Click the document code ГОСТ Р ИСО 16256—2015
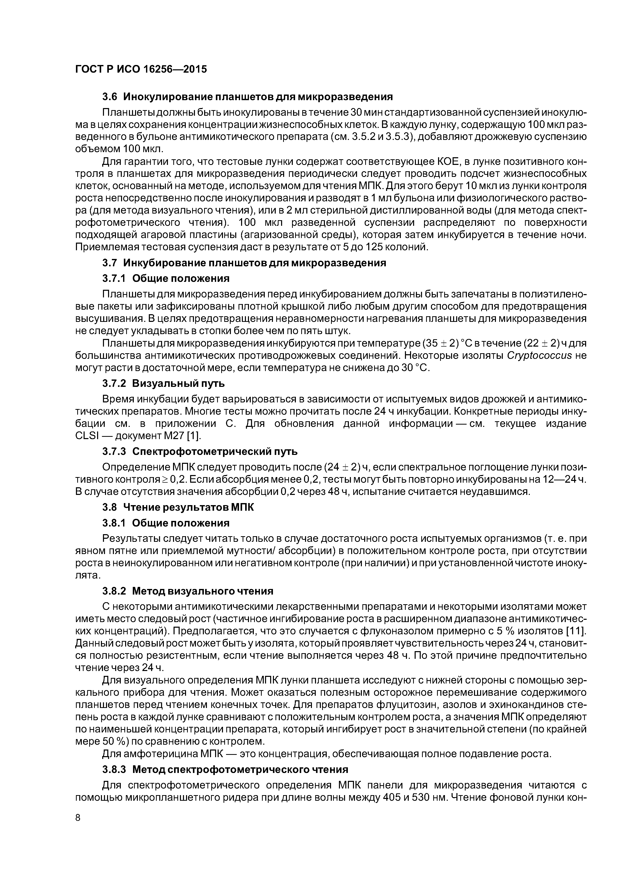coord(141,69)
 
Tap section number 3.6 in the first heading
coord(110,97)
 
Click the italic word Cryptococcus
coord(539,356)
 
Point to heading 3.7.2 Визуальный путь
coord(164,384)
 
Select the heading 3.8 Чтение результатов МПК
coord(178,507)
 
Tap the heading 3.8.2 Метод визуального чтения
coord(188,591)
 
